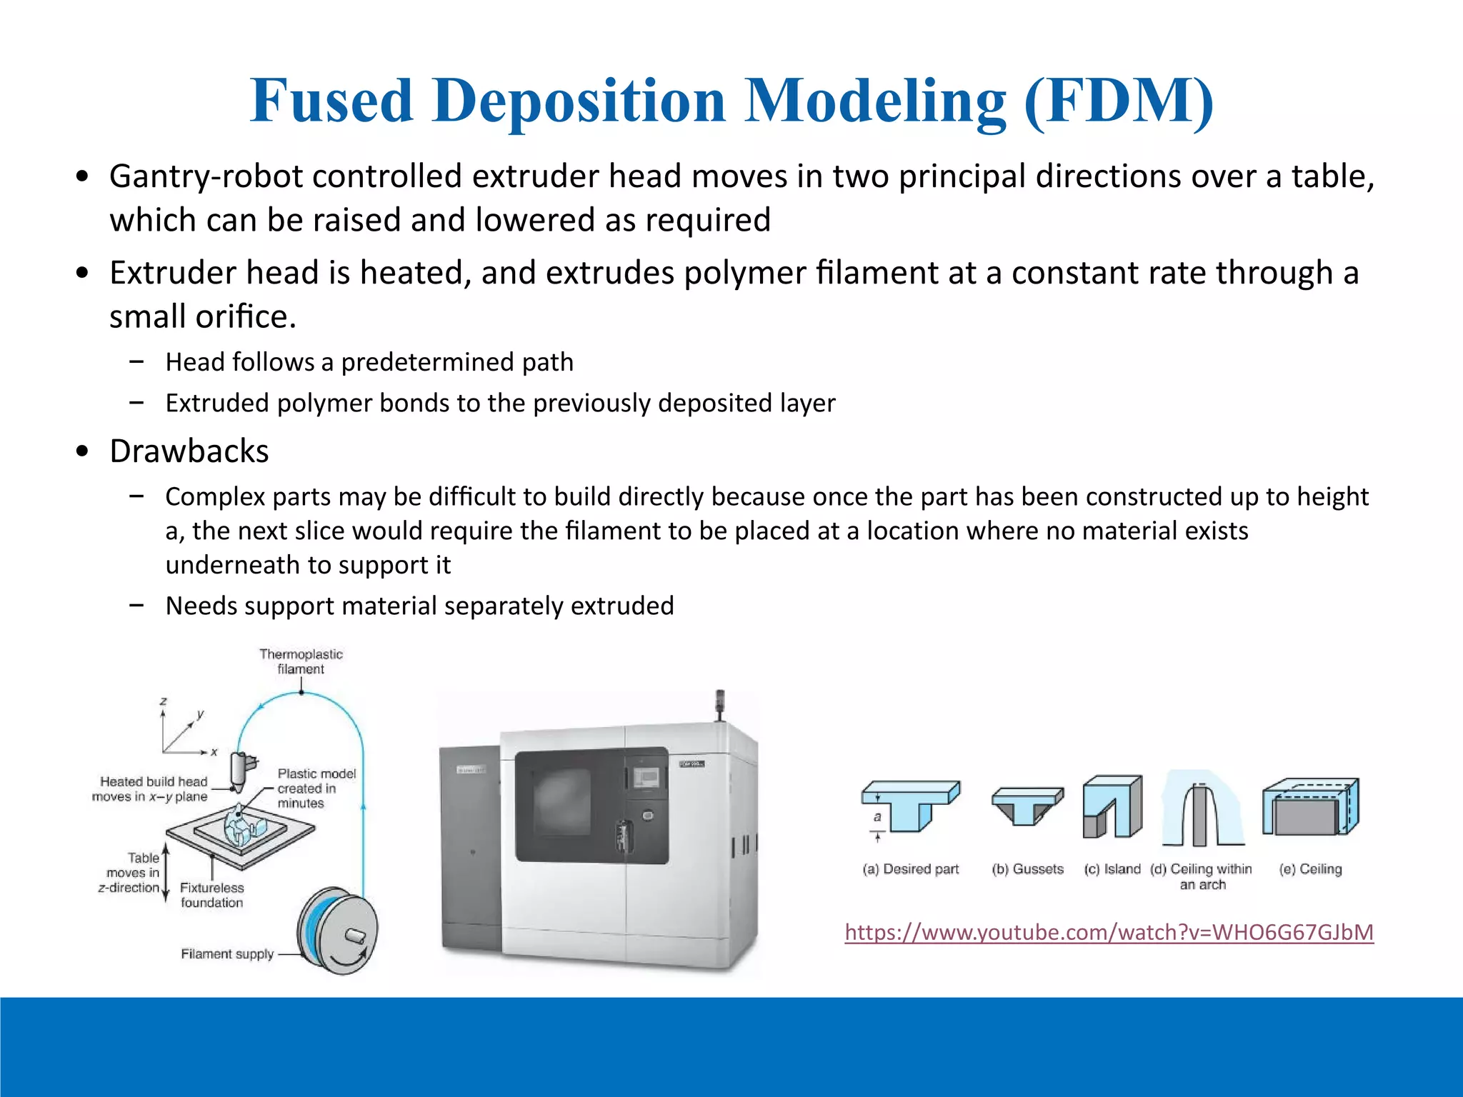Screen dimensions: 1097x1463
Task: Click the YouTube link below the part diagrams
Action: pos(1109,933)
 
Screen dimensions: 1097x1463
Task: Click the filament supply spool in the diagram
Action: pos(337,931)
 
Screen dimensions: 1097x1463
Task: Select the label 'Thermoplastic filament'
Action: pos(301,661)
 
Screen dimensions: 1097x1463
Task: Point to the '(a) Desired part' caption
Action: pos(911,869)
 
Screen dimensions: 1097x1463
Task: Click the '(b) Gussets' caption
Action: pos(1027,869)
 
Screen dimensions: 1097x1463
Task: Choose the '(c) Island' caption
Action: pos(1112,869)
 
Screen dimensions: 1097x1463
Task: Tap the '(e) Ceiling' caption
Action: pos(1310,869)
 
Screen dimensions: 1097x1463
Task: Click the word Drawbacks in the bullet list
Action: pos(189,451)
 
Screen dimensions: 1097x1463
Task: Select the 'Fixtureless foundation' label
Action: pos(211,895)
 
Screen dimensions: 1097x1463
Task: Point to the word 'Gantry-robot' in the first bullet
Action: pos(206,176)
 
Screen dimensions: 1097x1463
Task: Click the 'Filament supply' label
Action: pos(227,954)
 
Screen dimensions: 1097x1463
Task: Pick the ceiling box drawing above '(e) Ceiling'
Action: pos(1310,807)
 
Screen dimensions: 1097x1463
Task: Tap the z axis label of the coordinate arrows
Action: pos(164,701)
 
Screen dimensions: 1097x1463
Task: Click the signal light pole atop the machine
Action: pos(720,703)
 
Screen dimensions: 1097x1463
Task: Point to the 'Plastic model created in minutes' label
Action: pos(316,788)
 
